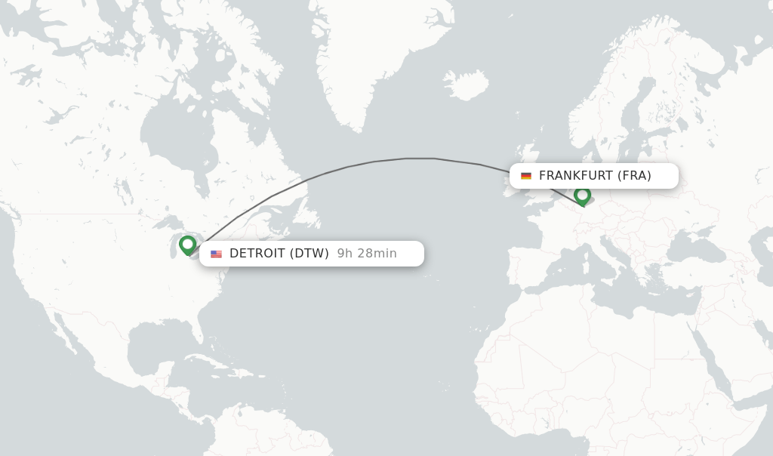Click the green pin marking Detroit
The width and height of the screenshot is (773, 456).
pyautogui.click(x=187, y=245)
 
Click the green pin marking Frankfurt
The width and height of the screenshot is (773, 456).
pyautogui.click(x=582, y=196)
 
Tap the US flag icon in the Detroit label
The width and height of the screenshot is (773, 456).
pyautogui.click(x=216, y=254)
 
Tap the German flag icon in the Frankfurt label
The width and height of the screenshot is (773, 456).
pyautogui.click(x=526, y=176)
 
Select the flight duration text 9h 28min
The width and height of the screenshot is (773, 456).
pyautogui.click(x=367, y=254)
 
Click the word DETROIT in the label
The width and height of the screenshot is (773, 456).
pyautogui.click(x=257, y=254)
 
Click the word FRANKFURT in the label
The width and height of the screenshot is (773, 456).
pyautogui.click(x=575, y=176)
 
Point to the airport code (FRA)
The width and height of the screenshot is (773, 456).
pyautogui.click(x=634, y=176)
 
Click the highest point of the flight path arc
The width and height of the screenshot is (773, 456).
pyautogui.click(x=420, y=158)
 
